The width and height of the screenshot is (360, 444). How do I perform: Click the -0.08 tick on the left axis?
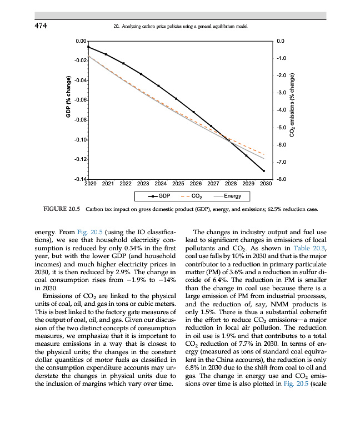[80, 120]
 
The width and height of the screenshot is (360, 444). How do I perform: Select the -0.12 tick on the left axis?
[80, 160]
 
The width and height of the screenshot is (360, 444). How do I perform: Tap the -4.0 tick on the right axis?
[281, 110]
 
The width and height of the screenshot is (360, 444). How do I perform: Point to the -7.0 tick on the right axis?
[281, 162]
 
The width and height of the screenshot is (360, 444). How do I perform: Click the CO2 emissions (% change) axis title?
[293, 105]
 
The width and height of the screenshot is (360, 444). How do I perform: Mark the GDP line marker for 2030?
[264, 171]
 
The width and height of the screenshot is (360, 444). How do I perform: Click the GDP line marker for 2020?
[88, 47]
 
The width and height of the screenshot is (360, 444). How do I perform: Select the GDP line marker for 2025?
[176, 98]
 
